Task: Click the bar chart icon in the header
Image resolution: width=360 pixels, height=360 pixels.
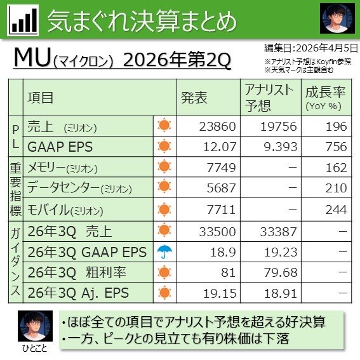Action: click(23, 21)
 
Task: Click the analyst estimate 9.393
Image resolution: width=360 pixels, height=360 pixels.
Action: click(277, 147)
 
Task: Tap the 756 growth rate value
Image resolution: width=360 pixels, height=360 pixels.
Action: click(337, 147)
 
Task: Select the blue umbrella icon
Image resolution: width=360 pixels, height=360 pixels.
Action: click(164, 251)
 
